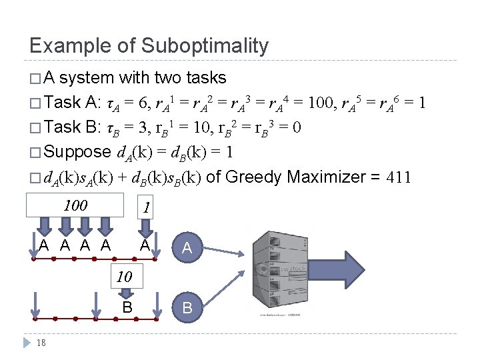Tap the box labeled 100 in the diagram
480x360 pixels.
tap(75, 205)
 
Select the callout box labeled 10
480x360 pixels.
tap(123, 276)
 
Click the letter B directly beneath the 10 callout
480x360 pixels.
tap(127, 307)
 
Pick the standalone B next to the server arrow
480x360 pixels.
tap(187, 308)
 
